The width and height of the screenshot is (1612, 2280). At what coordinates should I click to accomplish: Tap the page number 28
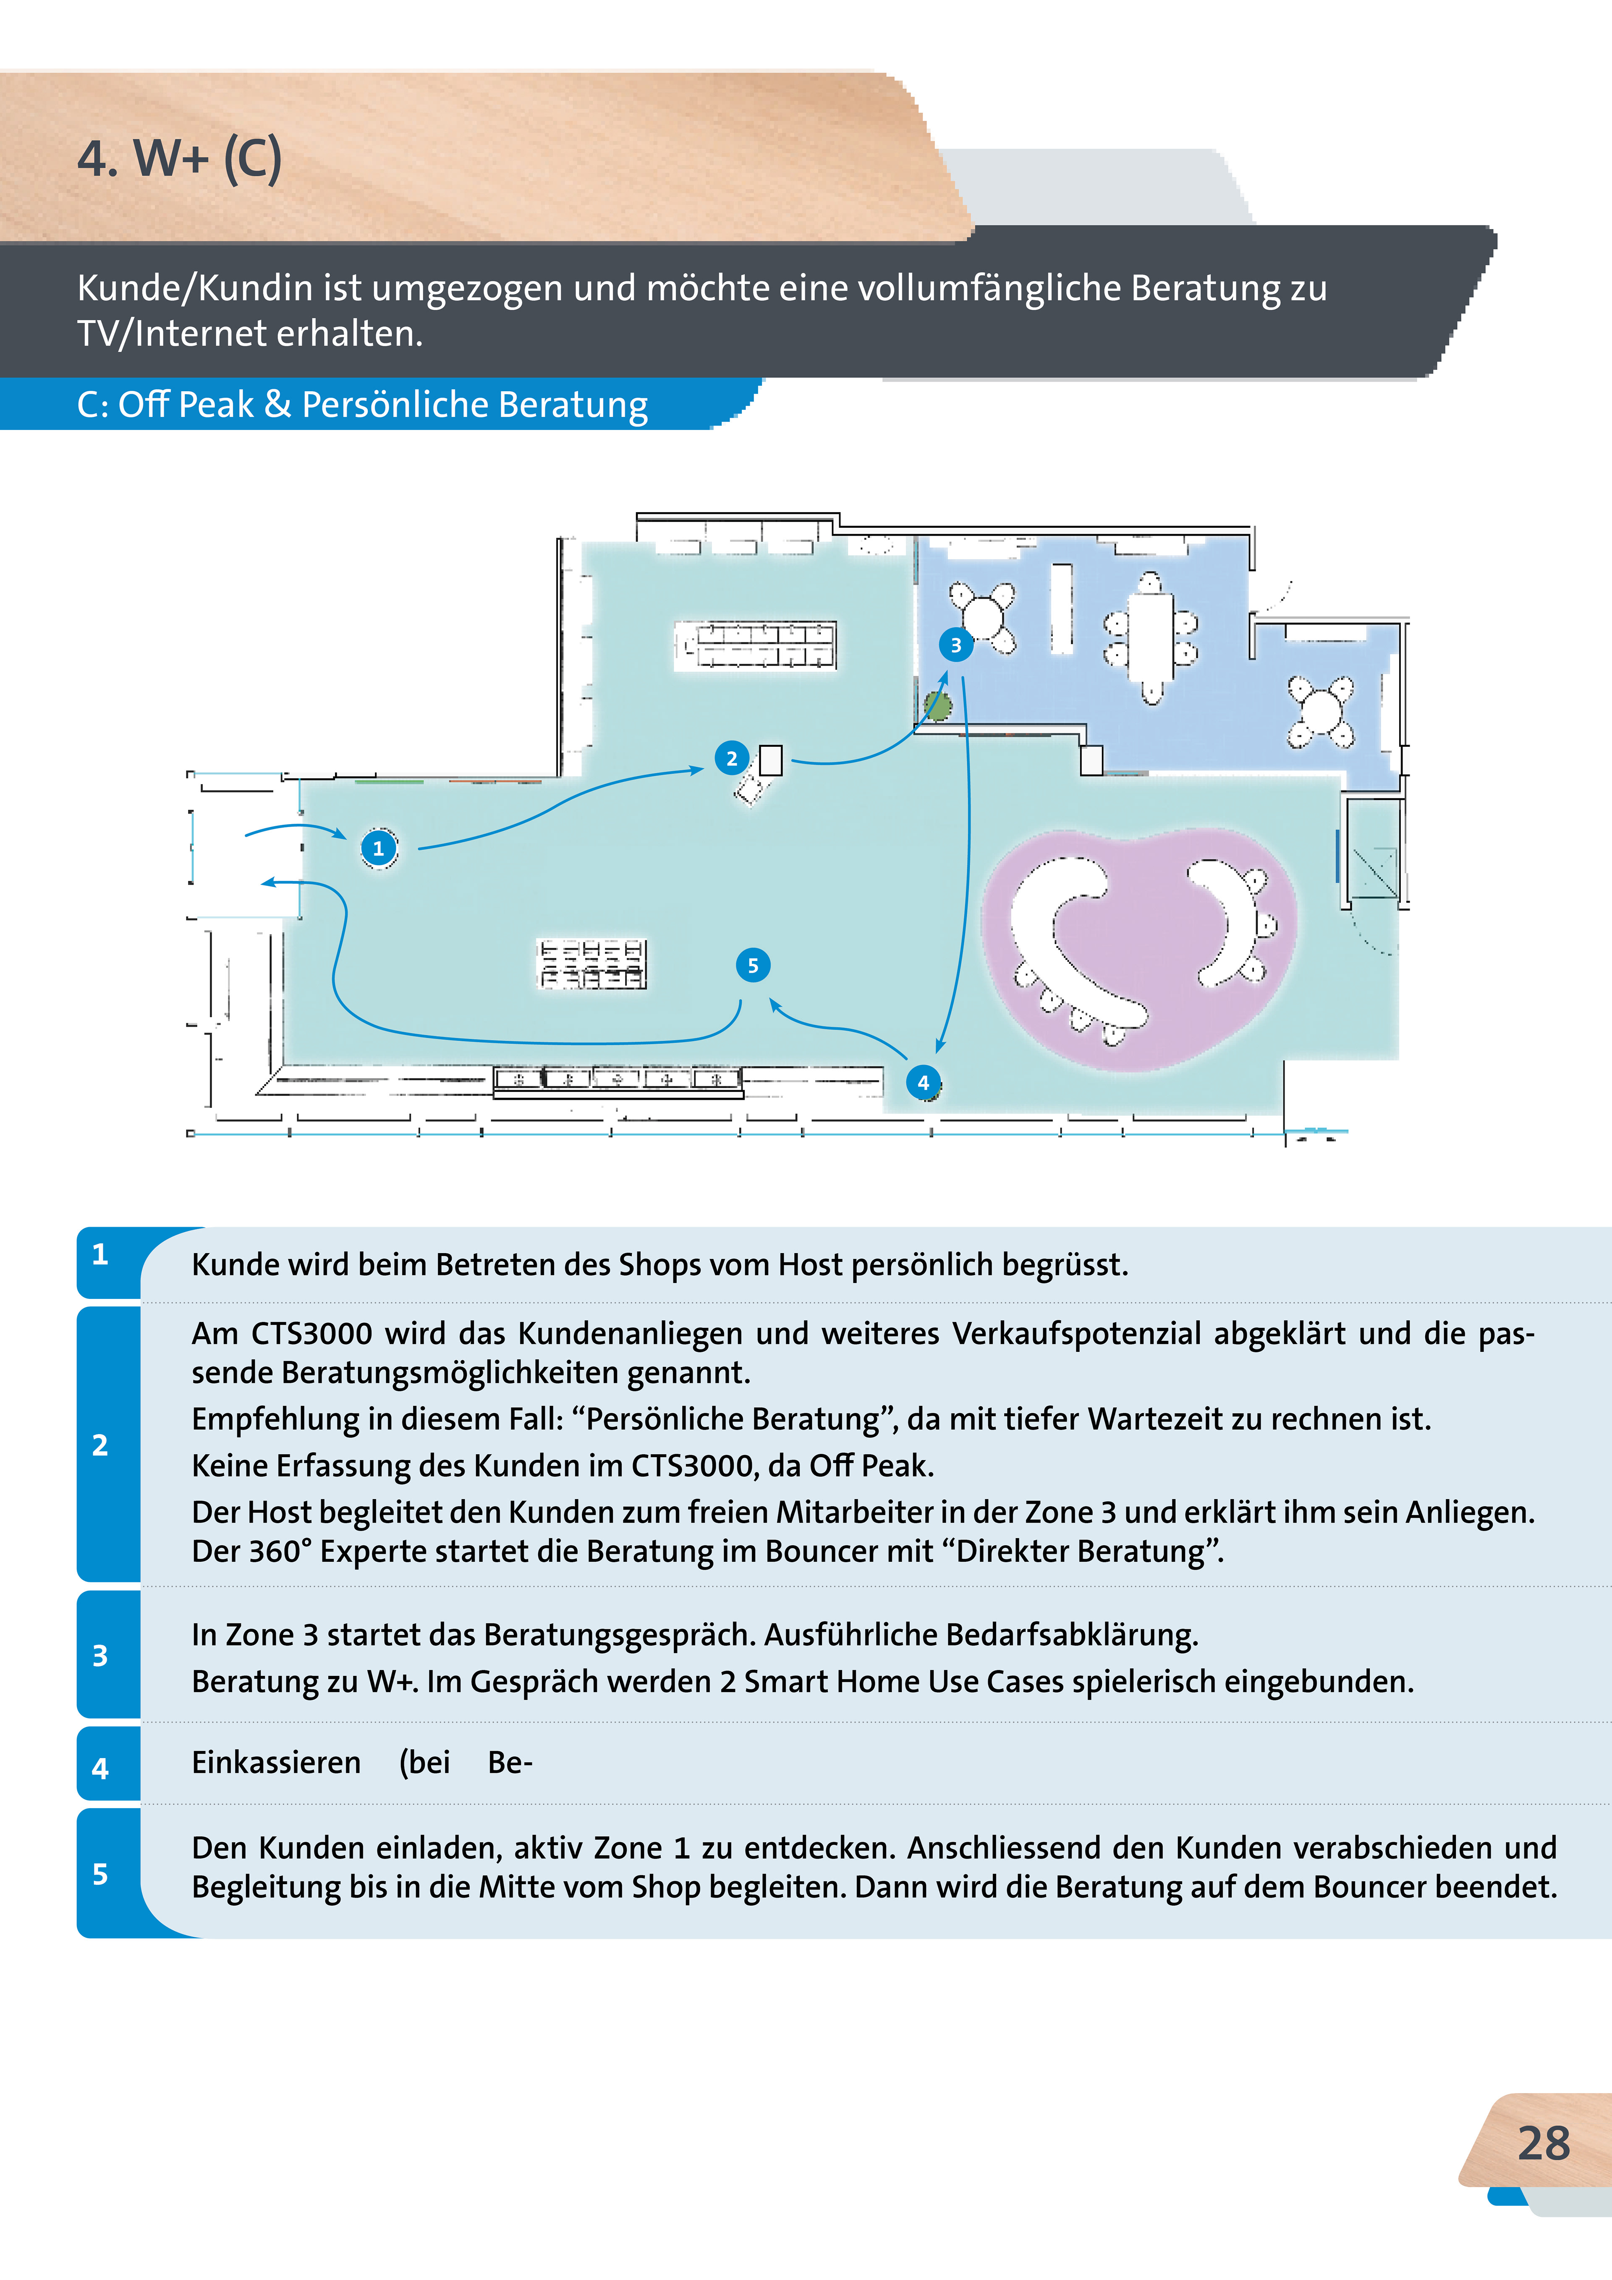point(1544,2143)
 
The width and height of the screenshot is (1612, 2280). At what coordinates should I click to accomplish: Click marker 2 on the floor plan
point(732,759)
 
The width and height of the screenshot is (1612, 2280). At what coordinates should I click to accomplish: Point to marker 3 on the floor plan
point(955,644)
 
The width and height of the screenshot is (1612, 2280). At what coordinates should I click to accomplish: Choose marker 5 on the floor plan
point(753,965)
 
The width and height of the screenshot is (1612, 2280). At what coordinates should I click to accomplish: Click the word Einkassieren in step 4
point(276,1763)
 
